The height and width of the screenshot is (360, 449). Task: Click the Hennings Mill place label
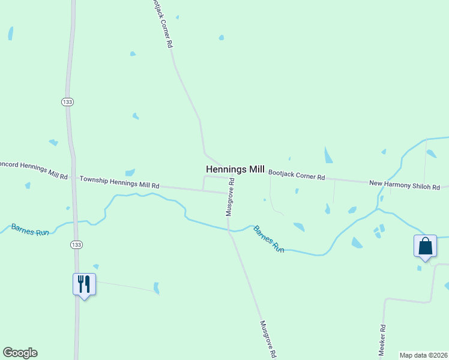pos(235,170)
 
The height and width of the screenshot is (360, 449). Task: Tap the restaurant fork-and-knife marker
pos(84,284)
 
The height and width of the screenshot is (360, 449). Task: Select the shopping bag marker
pos(425,246)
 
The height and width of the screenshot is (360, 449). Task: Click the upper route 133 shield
pos(67,103)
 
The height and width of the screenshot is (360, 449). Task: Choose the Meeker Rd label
pos(382,341)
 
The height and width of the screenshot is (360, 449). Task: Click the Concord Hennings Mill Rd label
pos(32,169)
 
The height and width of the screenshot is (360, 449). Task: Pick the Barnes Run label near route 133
pos(29,229)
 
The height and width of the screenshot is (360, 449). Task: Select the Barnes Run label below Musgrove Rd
pos(268,238)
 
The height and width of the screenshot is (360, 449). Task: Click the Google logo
pos(20,352)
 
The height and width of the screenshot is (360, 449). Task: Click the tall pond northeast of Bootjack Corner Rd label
pos(328,155)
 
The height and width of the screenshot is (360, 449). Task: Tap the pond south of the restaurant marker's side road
pos(157,288)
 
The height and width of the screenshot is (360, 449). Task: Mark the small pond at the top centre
pos(221,37)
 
